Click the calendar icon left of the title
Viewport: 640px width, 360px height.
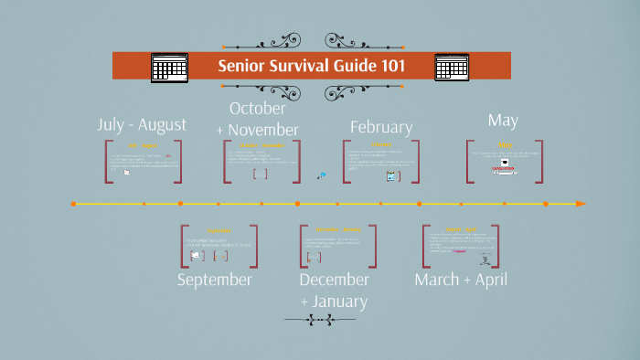[169, 68]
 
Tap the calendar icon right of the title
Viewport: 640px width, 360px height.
[452, 68]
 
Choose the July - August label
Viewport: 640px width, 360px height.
[142, 124]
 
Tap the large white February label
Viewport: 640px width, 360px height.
[381, 127]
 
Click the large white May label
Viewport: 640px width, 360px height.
[503, 120]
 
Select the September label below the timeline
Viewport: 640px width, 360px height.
[214, 280]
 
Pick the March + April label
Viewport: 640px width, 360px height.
[461, 280]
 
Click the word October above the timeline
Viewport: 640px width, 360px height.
[258, 109]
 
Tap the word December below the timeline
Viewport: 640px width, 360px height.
[334, 280]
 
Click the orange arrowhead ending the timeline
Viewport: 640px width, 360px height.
[581, 203]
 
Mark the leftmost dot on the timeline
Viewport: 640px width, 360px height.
[73, 203]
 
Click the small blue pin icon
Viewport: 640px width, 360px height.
[321, 175]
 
